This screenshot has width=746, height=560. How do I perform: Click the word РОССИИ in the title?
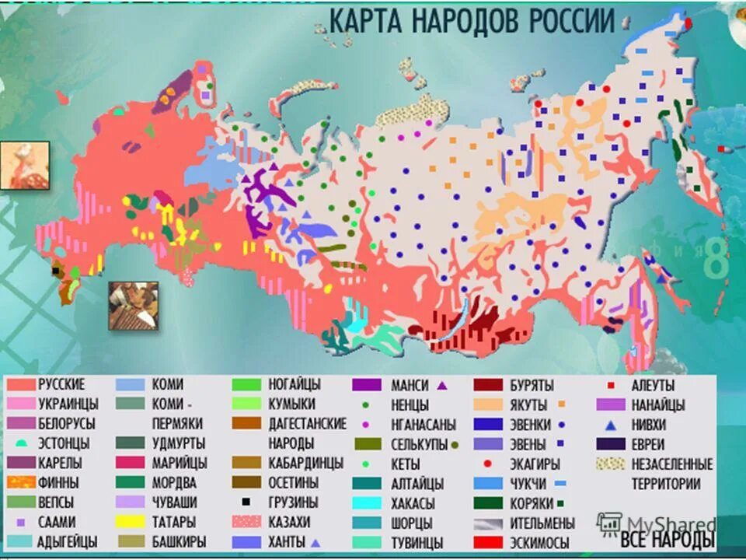pyautogui.click(x=572, y=21)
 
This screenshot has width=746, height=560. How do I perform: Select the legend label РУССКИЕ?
pyautogui.click(x=61, y=384)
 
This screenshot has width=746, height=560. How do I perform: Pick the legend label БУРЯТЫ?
pyautogui.click(x=532, y=384)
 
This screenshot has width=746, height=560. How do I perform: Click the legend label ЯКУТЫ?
pyautogui.click(x=528, y=404)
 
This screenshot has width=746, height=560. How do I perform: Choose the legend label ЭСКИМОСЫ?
pyautogui.click(x=539, y=542)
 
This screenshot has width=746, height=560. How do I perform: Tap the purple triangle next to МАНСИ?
pyautogui.click(x=441, y=384)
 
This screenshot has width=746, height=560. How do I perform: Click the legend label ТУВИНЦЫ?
pyautogui.click(x=417, y=542)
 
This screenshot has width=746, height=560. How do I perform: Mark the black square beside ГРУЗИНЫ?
pyautogui.click(x=246, y=502)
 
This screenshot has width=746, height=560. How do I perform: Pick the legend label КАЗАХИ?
pyautogui.click(x=289, y=522)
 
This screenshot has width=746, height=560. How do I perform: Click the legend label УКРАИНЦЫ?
pyautogui.click(x=67, y=404)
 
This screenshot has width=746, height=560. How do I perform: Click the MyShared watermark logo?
pyautogui.click(x=657, y=523)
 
